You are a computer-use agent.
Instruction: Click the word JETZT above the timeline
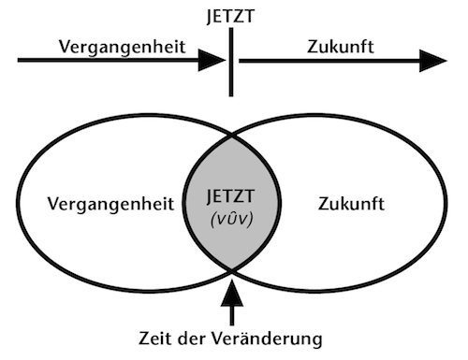230,16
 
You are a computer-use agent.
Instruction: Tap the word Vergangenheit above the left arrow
123,48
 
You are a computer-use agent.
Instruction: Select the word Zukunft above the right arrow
341,47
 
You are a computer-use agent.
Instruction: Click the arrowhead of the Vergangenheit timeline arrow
212,60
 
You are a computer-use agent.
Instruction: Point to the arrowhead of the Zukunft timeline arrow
433,61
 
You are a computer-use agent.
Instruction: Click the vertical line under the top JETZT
231,63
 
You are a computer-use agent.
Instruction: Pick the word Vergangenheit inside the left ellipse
110,204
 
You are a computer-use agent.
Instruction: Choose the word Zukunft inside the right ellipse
351,204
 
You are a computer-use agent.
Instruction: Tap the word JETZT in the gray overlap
231,196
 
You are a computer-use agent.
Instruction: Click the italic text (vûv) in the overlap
231,220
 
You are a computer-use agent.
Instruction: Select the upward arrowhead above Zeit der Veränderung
232,293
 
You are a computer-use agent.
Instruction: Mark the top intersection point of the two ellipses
231,137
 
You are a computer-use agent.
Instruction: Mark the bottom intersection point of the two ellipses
231,270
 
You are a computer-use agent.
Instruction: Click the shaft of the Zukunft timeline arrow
329,61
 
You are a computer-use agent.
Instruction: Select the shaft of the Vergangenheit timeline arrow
109,60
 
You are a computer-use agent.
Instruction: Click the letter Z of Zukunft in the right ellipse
324,204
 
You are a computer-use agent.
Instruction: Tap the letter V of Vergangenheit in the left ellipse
54,204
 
